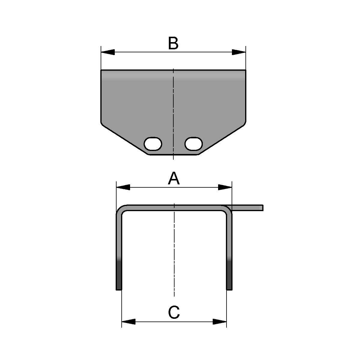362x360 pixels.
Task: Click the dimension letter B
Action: pyautogui.click(x=173, y=44)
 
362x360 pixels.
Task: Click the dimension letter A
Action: pyautogui.click(x=174, y=179)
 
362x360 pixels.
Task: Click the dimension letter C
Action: pyautogui.click(x=174, y=312)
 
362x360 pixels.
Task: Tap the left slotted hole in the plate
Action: pyautogui.click(x=153, y=144)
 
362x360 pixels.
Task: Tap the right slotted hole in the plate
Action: pyautogui.click(x=193, y=144)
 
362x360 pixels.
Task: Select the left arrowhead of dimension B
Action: pyautogui.click(x=108, y=52)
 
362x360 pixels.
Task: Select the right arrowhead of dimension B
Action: pyautogui.click(x=239, y=52)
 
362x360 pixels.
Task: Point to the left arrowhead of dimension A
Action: pyautogui.click(x=123, y=187)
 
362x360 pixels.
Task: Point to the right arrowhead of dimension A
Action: pyautogui.click(x=225, y=187)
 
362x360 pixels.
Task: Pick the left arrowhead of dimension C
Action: pyautogui.click(x=128, y=322)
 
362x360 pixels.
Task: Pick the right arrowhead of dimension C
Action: pyautogui.click(x=220, y=322)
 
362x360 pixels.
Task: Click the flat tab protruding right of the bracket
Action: pyautogui.click(x=248, y=208)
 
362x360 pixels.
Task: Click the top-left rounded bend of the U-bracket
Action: pyautogui.click(x=120, y=210)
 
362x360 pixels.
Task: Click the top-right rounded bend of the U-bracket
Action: pyautogui.click(x=228, y=210)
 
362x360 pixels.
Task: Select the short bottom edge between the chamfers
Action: pyautogui.click(x=174, y=155)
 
